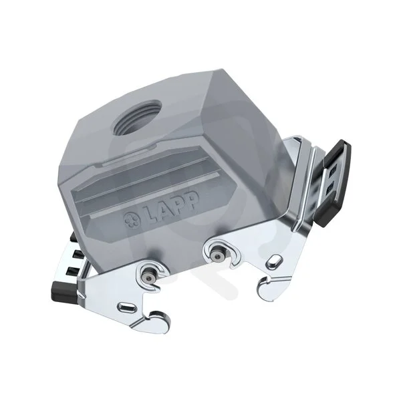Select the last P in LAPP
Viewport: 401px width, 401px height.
(x=192, y=201)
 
